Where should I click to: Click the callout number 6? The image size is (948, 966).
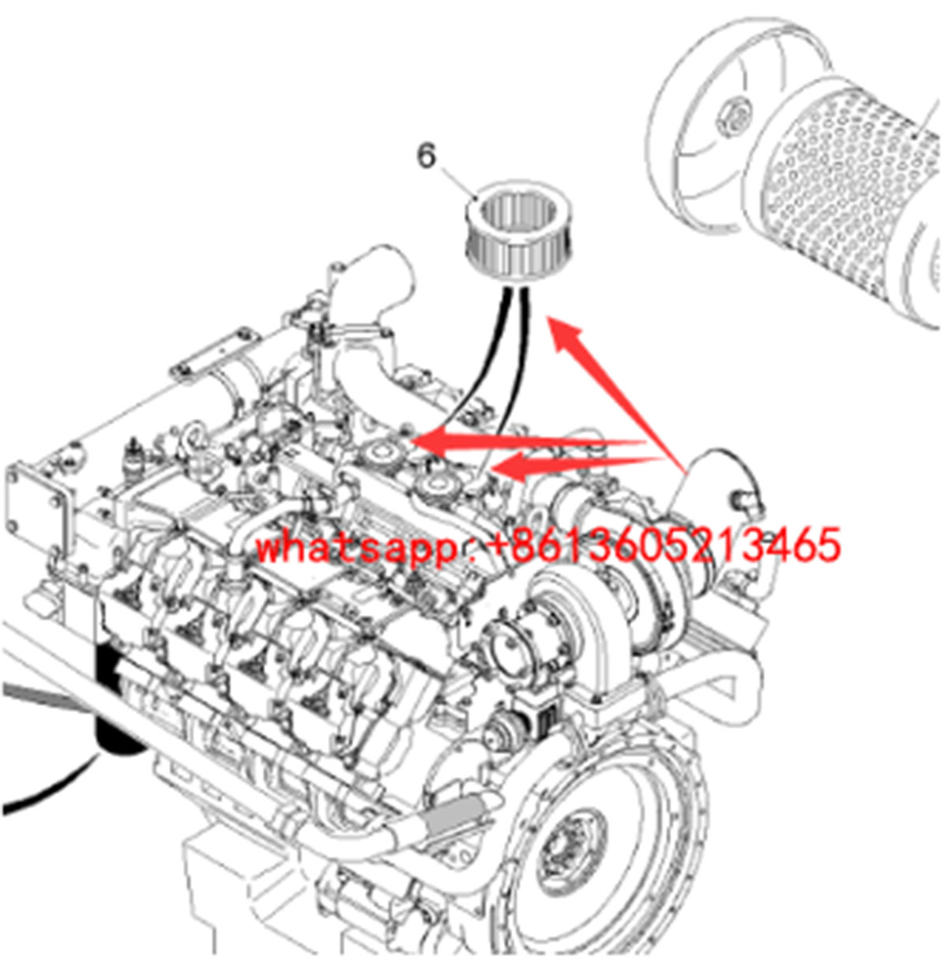click(x=427, y=157)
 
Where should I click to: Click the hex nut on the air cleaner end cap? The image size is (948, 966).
click(x=735, y=116)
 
